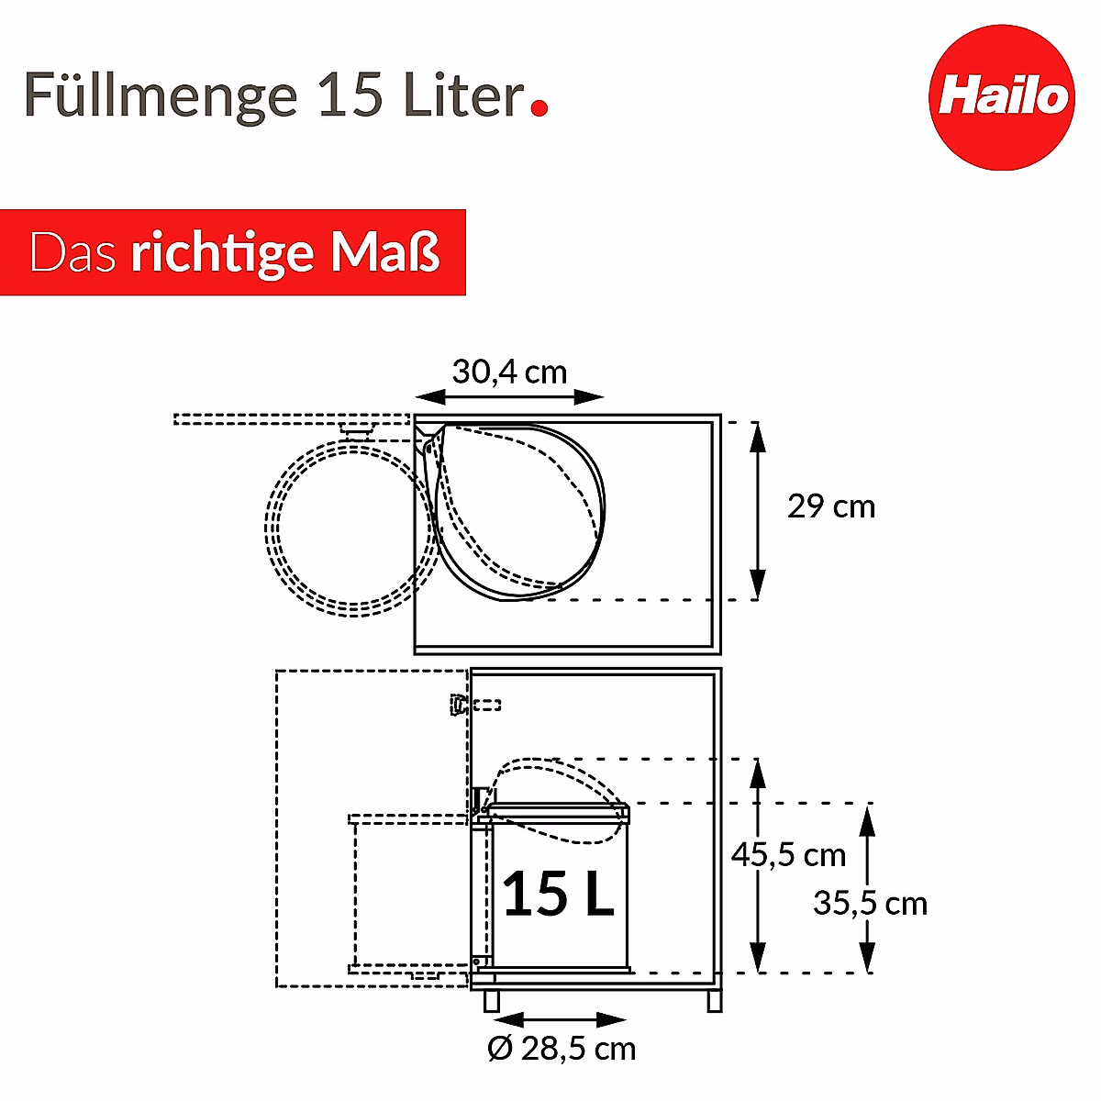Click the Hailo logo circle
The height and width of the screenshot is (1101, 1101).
coord(1001,96)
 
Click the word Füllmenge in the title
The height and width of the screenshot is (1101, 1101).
coord(161,95)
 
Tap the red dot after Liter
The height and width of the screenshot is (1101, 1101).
coord(539,107)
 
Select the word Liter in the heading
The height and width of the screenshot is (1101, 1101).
coord(462,95)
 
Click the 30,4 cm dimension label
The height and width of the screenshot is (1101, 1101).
coord(509,372)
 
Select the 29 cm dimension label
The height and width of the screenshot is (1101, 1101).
coord(831,506)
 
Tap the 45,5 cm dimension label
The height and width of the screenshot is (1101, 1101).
coord(787,855)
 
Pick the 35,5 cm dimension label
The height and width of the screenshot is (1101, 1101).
coord(870,904)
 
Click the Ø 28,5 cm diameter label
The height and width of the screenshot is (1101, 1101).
coord(562,1049)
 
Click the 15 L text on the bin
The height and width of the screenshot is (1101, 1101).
coord(558,894)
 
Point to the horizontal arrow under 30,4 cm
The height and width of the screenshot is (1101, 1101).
coord(509,397)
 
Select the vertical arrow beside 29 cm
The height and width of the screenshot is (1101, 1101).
coord(757,511)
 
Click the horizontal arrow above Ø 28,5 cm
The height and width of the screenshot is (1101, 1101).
coord(560,1020)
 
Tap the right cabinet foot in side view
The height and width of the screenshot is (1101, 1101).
coord(714,1001)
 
